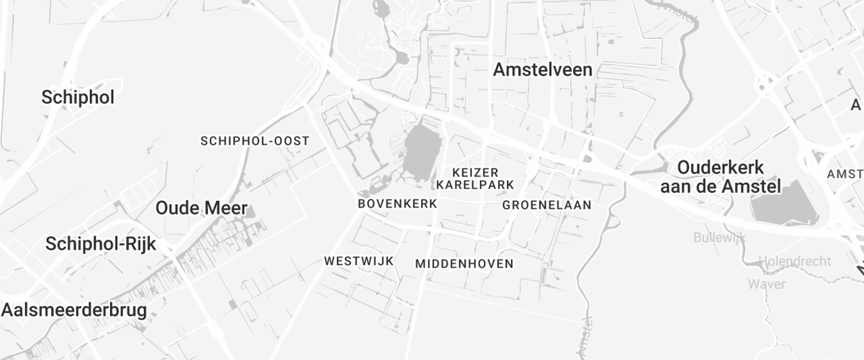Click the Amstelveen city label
tap(543, 70)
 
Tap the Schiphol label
tap(78, 98)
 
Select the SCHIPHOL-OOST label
tap(255, 140)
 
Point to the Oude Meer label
tap(202, 209)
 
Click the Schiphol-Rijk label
tap(100, 243)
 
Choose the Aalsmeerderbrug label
tap(73, 310)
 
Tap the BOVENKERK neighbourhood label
tap(397, 204)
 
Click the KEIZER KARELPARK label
tap(475, 179)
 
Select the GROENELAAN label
tap(546, 205)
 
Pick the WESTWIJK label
tap(359, 261)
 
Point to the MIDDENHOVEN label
tap(464, 264)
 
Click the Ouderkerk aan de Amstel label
tap(721, 177)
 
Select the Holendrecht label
tap(795, 261)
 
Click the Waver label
tap(765, 283)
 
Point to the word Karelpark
tap(475, 185)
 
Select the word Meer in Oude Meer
tap(225, 209)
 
